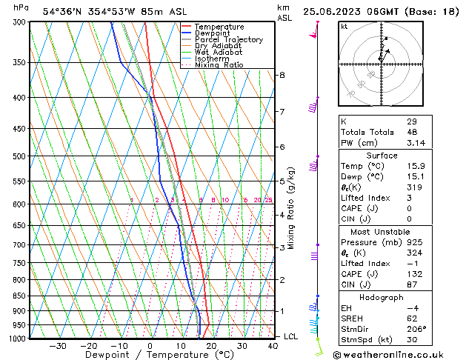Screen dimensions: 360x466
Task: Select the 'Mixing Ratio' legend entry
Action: [219, 65]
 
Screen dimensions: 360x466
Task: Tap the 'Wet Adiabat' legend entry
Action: [219, 53]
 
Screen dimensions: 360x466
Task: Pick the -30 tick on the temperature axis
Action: [57, 346]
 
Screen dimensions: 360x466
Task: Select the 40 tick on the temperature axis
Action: [273, 346]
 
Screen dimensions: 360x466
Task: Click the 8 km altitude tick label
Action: [282, 76]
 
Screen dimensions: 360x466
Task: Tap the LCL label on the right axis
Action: [292, 336]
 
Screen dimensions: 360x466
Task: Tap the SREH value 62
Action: [411, 319]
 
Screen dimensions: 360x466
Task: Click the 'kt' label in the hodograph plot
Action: [344, 27]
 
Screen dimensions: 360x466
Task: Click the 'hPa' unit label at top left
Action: [21, 8]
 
